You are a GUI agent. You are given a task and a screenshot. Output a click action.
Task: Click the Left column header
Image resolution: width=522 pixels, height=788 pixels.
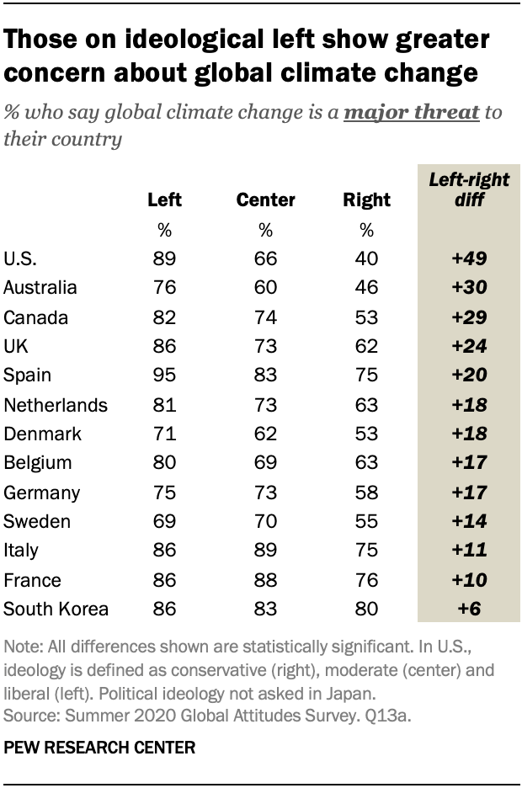164,200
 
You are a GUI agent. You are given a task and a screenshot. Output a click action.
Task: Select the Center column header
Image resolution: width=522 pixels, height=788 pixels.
265,200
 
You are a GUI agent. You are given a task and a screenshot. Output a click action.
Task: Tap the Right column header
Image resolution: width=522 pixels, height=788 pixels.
367,200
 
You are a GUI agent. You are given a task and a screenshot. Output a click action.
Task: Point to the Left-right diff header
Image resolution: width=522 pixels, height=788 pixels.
458,190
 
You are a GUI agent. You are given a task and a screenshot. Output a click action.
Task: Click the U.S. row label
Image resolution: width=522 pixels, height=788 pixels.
20,258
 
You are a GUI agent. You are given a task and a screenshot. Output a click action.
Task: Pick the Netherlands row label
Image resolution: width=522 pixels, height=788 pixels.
56,404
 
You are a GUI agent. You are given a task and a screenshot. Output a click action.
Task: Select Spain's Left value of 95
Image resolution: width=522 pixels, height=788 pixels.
164,375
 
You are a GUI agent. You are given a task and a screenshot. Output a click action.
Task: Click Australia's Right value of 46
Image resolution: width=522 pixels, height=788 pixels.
367,287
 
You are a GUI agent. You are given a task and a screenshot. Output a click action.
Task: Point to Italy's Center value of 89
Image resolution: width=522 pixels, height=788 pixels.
265,551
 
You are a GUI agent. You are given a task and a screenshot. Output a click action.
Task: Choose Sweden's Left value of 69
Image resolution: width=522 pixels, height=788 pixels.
164,521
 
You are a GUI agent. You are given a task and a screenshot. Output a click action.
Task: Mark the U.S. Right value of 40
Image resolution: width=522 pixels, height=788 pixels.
367,258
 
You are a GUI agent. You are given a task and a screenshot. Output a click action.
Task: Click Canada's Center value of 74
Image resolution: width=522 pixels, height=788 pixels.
265,317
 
